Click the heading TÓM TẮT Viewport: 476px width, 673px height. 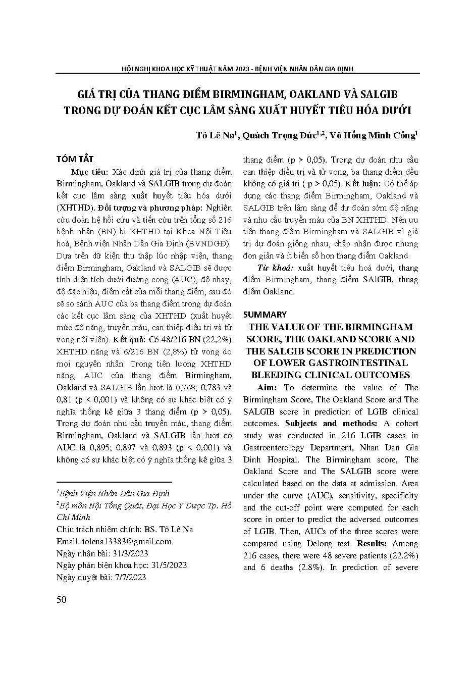pyautogui.click(x=75, y=159)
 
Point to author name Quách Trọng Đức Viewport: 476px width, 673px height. pyautogui.click(x=282, y=135)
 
